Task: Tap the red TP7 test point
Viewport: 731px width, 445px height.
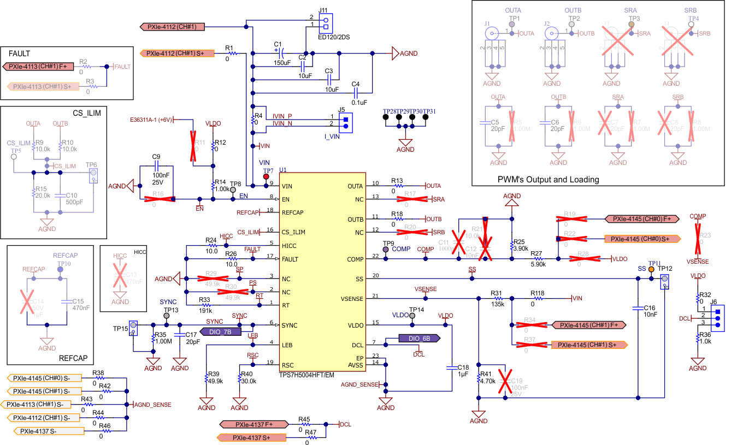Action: [266, 177]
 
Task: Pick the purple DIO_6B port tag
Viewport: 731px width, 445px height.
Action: [420, 338]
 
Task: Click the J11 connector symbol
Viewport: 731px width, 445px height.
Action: [326, 23]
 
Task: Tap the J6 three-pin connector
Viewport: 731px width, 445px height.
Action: [717, 317]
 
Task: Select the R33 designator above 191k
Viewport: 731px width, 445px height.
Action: [204, 300]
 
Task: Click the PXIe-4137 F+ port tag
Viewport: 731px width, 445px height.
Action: [254, 424]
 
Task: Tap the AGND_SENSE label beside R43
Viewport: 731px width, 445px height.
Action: [153, 405]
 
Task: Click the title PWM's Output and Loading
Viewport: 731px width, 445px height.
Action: [548, 179]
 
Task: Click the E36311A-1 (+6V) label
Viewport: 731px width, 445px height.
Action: [151, 120]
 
